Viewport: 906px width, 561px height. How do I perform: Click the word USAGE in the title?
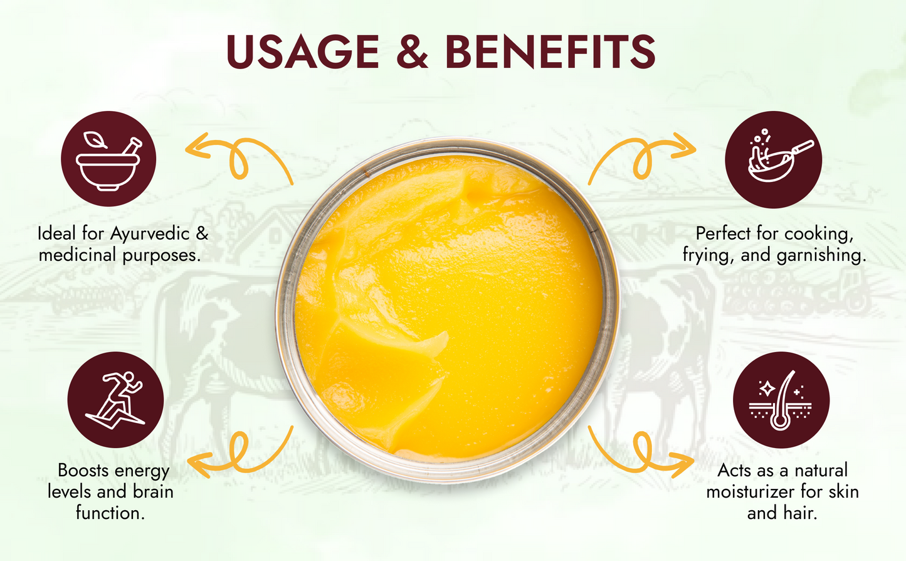pyautogui.click(x=302, y=51)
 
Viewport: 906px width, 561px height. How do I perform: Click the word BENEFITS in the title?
pyautogui.click(x=550, y=51)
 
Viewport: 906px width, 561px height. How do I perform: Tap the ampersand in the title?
pyautogui.click(x=412, y=51)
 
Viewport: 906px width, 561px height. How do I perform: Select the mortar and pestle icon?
pyautogui.click(x=108, y=159)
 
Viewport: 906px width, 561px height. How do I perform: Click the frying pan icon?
pyautogui.click(x=773, y=159)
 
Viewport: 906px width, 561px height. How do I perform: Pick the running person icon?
pyautogui.click(x=115, y=400)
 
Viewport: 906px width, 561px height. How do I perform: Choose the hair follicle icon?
pyautogui.click(x=781, y=400)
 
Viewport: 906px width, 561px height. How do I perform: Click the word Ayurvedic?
pyautogui.click(x=150, y=234)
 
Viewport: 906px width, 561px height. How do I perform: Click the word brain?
pyautogui.click(x=152, y=491)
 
